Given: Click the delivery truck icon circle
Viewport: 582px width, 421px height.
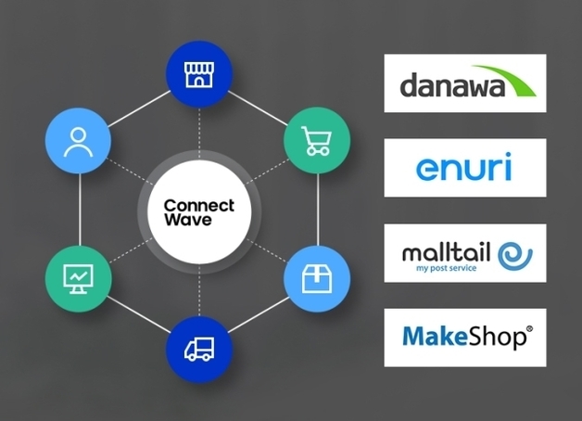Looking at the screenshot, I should pyautogui.click(x=198, y=347).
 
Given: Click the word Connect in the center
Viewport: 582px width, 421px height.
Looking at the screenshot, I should pyautogui.click(x=198, y=205).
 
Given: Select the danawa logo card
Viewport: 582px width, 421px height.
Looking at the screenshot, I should pyautogui.click(x=465, y=83).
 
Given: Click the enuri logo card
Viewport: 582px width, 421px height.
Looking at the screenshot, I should pyautogui.click(x=465, y=168).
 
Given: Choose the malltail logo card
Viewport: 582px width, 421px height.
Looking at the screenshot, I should pyautogui.click(x=465, y=253).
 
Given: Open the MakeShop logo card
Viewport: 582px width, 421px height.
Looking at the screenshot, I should pyautogui.click(x=465, y=338).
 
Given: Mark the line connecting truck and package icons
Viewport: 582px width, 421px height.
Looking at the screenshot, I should pyautogui.click(x=258, y=313).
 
